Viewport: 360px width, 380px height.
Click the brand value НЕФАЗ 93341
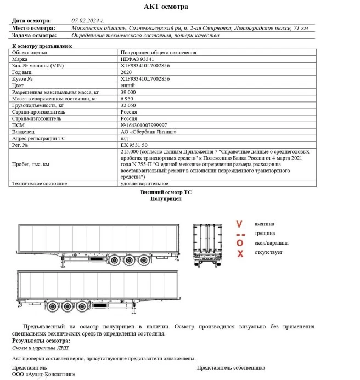pos(137,59)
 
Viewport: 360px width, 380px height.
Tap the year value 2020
pos(126,72)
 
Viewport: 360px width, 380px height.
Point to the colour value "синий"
pos(128,86)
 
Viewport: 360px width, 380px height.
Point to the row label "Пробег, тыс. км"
pos(31,164)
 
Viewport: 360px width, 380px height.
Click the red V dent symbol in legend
pos(239,224)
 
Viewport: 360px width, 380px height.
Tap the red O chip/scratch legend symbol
pos(239,242)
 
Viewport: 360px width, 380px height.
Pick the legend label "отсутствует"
pos(268,252)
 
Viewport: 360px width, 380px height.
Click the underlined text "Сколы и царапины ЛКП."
pos(41,348)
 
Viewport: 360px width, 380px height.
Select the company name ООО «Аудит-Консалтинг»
pos(43,375)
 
